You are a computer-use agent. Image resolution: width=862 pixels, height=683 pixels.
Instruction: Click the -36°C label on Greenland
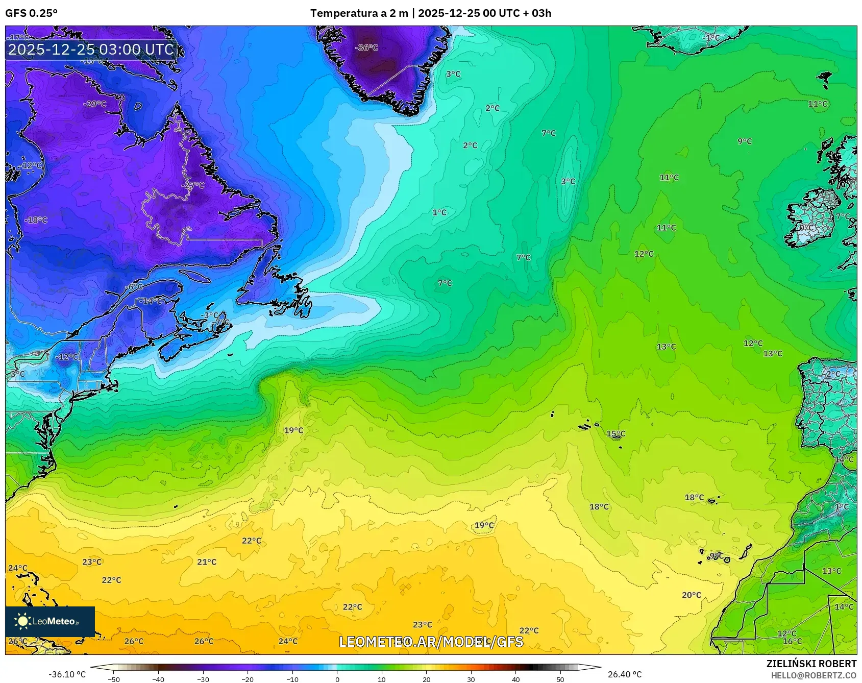coord(366,47)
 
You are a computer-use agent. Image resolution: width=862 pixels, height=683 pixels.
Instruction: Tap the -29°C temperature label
coord(94,104)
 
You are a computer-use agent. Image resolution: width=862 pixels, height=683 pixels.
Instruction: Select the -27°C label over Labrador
coord(193,185)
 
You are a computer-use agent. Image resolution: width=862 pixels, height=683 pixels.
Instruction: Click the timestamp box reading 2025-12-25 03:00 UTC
coord(91,50)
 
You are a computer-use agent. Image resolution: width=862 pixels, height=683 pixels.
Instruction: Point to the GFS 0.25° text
coord(31,13)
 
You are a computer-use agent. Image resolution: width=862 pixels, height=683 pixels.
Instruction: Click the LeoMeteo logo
coord(50,621)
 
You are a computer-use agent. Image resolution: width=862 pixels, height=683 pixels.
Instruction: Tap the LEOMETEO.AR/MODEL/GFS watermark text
coord(431,642)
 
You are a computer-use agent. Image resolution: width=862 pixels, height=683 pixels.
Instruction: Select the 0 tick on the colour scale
coord(337,679)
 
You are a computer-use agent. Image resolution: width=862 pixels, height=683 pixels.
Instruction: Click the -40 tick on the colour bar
coord(158,679)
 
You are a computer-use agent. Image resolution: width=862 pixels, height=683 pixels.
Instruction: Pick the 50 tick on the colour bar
coord(560,679)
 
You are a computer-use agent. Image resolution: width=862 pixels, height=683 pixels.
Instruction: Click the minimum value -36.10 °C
coord(67,674)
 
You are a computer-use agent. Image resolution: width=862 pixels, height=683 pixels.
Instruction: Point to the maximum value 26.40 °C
coord(624,674)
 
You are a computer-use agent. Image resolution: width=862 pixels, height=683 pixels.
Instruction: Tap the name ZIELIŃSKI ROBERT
coord(811,664)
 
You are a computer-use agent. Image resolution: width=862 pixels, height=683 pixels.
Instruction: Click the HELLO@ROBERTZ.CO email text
coord(813,675)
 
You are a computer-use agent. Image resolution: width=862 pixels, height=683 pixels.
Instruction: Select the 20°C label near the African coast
coord(691,595)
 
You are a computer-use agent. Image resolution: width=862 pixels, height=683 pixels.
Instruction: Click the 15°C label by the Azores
coord(615,434)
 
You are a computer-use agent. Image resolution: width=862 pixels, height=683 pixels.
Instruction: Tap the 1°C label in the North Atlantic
coord(439,212)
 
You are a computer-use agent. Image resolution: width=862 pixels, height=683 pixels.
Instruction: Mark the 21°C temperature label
coord(207,562)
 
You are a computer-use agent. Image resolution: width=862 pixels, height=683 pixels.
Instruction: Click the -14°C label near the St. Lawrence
coord(151,301)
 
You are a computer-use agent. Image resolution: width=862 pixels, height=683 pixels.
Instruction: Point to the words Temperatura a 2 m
coord(359,13)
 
